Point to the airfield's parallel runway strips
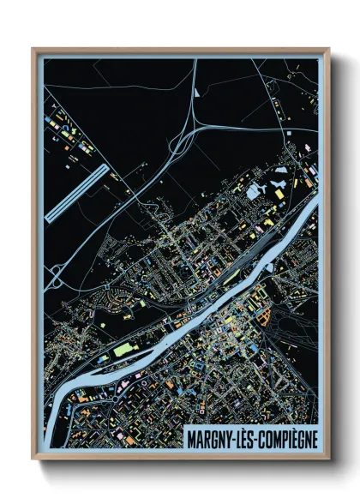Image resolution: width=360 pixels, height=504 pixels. click(76, 193)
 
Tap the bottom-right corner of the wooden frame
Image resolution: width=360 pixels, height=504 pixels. click(328, 460)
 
